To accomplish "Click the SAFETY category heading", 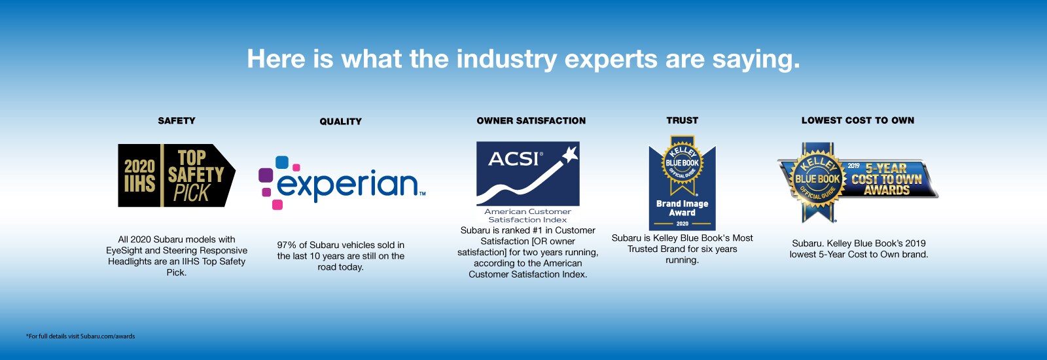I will point(177,120).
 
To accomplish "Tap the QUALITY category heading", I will point(340,121).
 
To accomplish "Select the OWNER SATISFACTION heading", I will point(531,120).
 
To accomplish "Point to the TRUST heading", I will point(682,120).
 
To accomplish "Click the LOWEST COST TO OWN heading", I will point(857,120).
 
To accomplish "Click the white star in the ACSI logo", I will point(570,154).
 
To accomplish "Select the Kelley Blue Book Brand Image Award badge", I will point(682,183).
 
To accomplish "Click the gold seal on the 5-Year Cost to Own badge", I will point(817,179).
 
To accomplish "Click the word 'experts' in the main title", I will point(611,60).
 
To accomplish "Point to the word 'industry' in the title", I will point(506,60).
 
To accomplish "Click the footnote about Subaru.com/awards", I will point(80,336).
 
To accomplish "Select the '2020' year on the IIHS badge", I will point(139,166).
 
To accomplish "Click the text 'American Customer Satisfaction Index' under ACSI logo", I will point(527,215).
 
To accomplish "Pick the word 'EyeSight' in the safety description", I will point(124,250).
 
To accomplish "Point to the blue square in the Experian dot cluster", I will point(282,162).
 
